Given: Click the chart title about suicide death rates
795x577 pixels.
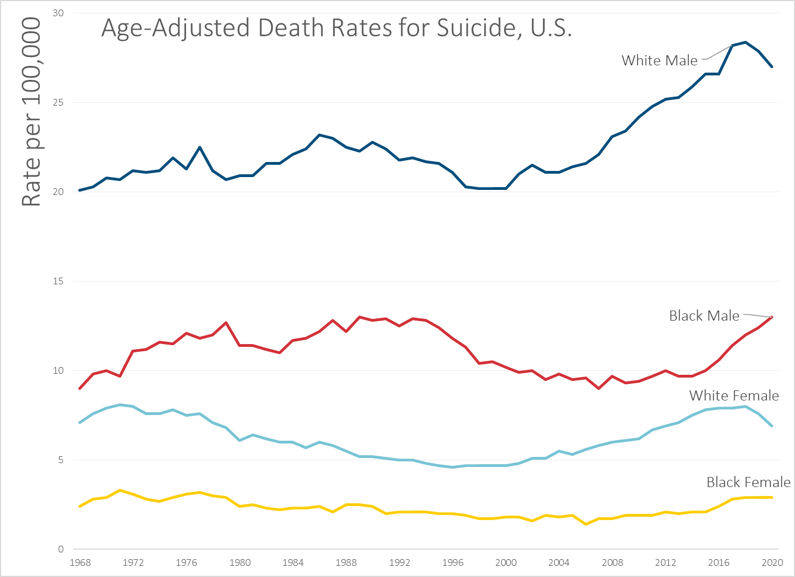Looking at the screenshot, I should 336,28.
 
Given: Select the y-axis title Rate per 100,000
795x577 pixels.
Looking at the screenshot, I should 31,112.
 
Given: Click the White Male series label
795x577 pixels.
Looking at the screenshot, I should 659,60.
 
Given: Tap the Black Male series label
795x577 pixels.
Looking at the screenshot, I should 704,316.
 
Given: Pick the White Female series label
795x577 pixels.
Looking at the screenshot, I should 734,395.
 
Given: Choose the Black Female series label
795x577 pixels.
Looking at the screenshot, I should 748,482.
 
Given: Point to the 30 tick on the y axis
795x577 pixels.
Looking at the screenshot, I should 58,13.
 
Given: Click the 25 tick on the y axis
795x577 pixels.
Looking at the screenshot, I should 58,102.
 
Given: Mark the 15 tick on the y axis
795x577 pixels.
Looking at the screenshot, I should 58,281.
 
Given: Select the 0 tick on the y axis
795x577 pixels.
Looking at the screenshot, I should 61,549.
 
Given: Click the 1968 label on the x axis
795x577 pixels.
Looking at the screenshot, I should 80,562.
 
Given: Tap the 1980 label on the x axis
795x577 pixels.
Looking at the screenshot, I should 240,562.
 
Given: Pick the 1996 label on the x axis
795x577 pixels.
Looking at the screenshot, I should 453,562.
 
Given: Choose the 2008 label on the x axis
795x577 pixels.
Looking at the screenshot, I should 612,562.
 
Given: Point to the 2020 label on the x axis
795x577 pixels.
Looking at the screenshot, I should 772,562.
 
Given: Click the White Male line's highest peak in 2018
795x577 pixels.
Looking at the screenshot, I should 745,42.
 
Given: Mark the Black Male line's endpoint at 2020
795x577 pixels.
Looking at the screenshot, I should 772,317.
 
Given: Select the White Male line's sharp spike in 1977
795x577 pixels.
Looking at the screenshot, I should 199,147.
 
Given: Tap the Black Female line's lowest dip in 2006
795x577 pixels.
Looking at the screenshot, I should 585,524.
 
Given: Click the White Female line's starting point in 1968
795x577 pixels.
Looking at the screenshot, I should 80,422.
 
